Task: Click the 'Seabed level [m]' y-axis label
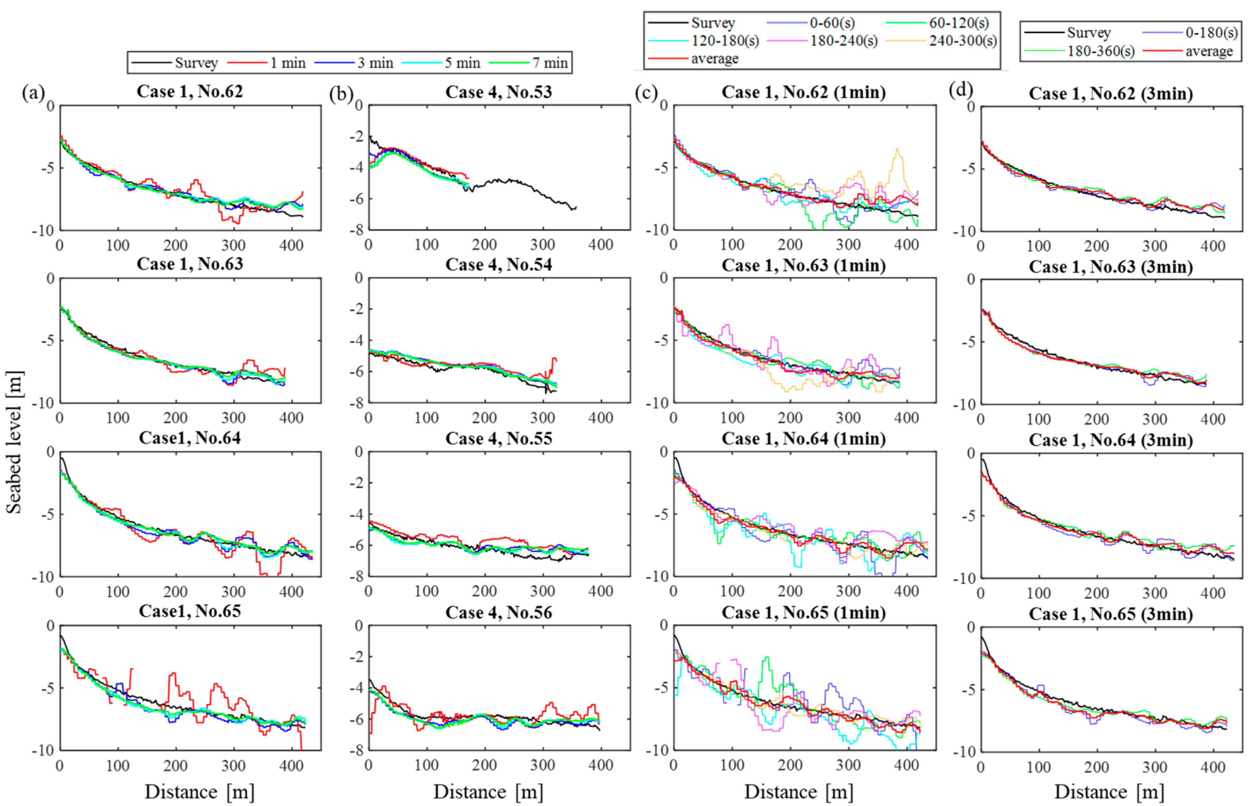[x=14, y=442]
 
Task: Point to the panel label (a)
[x=32, y=93]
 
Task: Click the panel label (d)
[x=961, y=90]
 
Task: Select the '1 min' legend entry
[x=287, y=63]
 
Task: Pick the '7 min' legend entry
[x=550, y=63]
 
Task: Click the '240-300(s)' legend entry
[x=963, y=41]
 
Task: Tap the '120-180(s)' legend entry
[x=725, y=41]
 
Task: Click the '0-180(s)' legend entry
[x=1211, y=32]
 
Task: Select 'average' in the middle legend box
[x=715, y=58]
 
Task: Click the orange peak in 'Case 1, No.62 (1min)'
[x=897, y=150]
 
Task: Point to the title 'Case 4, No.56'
[x=498, y=612]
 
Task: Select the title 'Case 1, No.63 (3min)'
[x=1111, y=267]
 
